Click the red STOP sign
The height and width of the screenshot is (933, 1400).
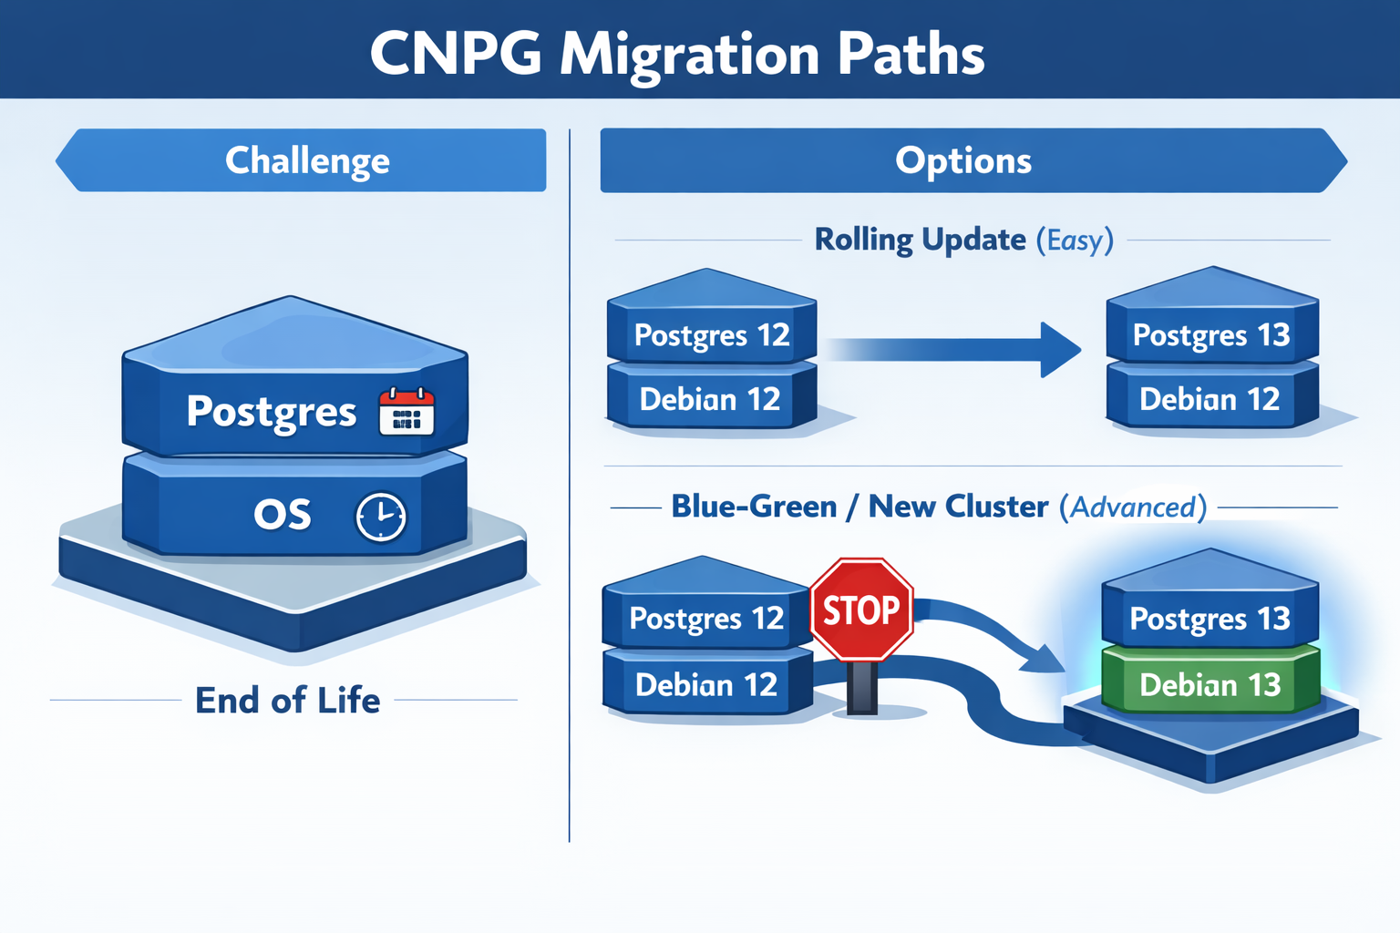coord(861,609)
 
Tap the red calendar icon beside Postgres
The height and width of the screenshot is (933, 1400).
coord(407,412)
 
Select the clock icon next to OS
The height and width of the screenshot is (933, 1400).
coord(380,517)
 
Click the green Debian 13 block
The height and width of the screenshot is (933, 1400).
coord(1210,684)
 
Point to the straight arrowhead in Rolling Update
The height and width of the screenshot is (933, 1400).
coord(1059,349)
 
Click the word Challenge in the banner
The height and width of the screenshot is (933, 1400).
coord(307,160)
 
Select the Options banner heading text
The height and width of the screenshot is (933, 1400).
coord(962,160)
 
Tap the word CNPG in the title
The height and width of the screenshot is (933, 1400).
coord(455,54)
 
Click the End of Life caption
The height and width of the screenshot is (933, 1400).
coord(287,700)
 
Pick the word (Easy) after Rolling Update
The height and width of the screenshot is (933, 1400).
coord(1075,241)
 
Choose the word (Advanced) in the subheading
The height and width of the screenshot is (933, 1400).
coord(1133,507)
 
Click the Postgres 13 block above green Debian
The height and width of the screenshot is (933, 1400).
coord(1210,619)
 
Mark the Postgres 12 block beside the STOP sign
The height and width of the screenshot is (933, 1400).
coord(706,619)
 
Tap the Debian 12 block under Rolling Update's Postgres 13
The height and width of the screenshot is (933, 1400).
coord(1210,399)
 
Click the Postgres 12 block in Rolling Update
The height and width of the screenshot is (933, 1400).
coord(711,334)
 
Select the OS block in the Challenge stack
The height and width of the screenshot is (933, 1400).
coord(283,515)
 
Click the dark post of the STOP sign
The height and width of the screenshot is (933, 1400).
coord(861,688)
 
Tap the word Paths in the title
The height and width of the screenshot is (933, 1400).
coord(911,54)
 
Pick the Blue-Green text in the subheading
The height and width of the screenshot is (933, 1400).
coord(754,507)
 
